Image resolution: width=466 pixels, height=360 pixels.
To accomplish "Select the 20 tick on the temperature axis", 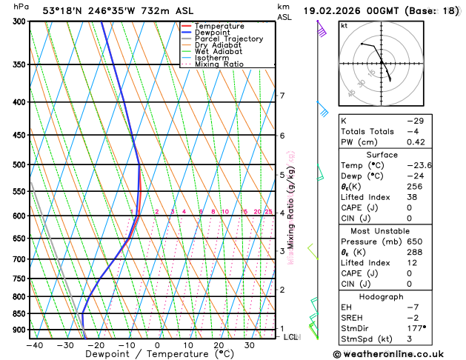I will tap(219, 345).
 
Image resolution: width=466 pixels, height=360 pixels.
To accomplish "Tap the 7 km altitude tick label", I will tap(282, 96).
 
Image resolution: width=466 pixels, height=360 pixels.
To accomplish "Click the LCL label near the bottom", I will tap(292, 337).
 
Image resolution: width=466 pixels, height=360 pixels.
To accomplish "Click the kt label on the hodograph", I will tap(344, 25).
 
